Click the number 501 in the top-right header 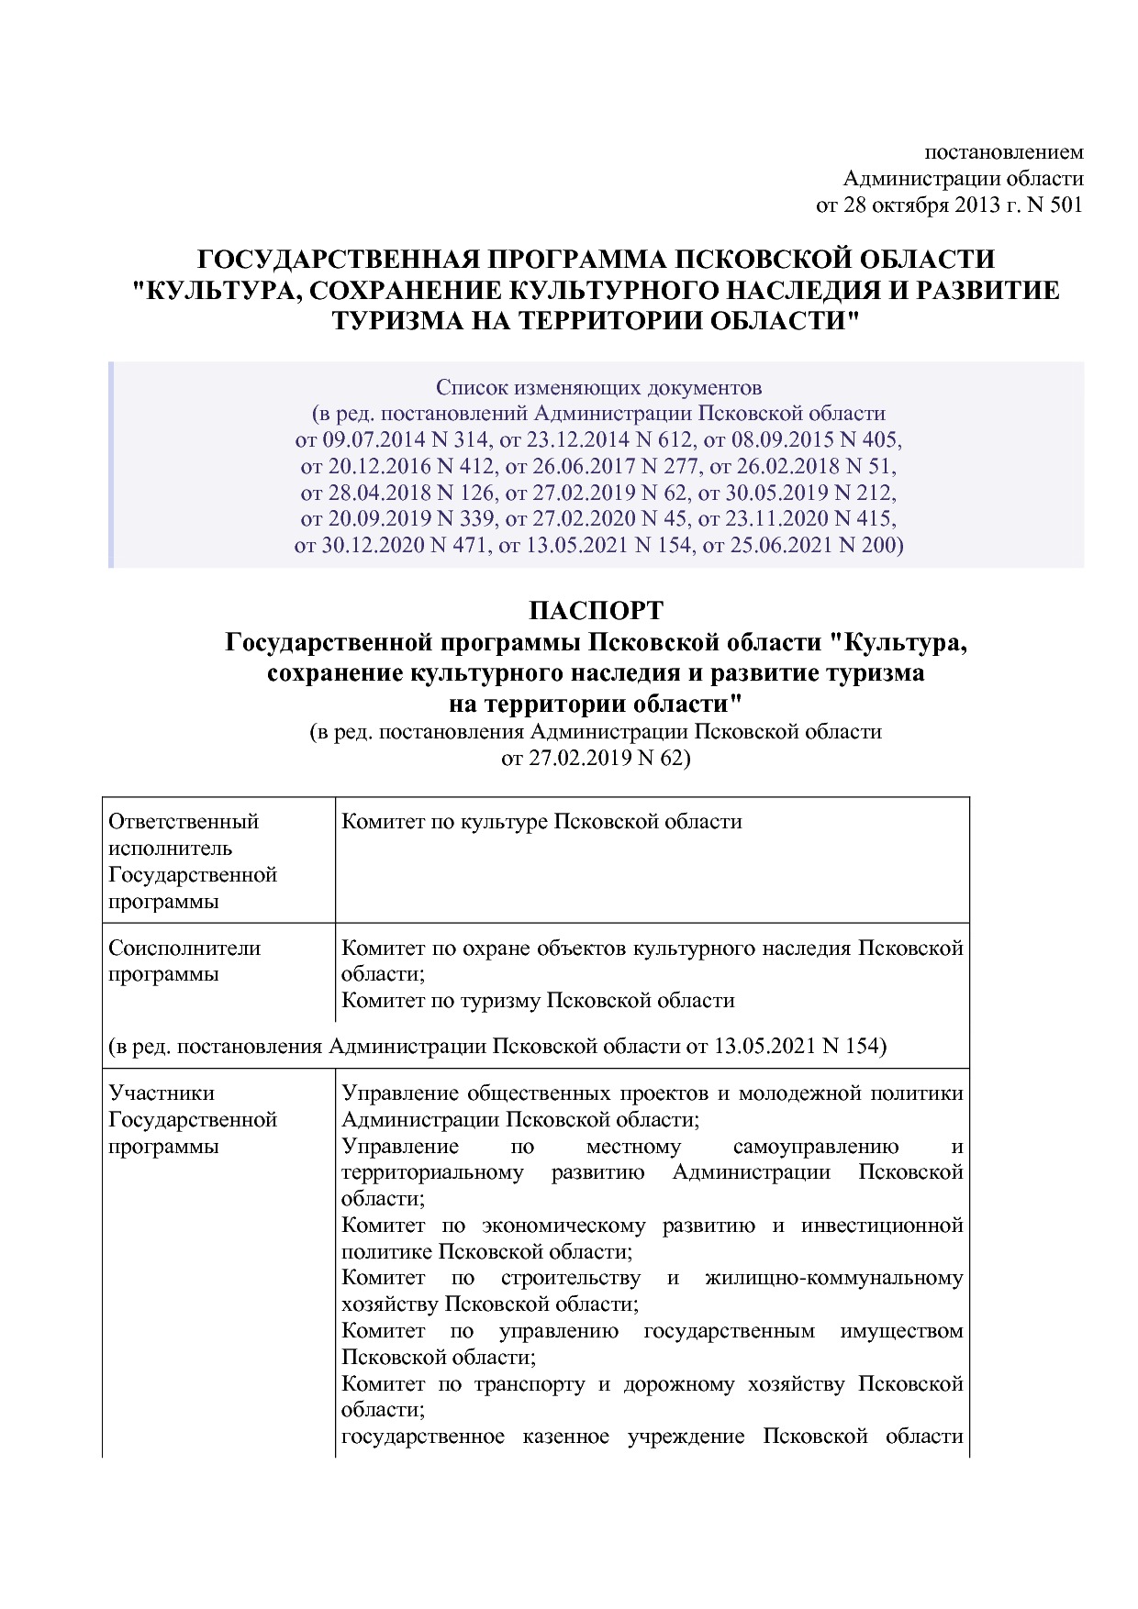click(1065, 205)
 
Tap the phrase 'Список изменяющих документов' click(598, 386)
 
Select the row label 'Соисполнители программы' click(184, 960)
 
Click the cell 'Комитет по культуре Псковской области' click(541, 821)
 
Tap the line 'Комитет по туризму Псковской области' click(538, 1000)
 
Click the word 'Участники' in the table click(162, 1093)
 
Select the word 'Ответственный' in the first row click(184, 821)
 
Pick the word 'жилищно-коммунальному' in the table click(834, 1278)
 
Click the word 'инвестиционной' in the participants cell click(882, 1226)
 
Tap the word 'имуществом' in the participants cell click(901, 1331)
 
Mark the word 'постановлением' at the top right click(1003, 151)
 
